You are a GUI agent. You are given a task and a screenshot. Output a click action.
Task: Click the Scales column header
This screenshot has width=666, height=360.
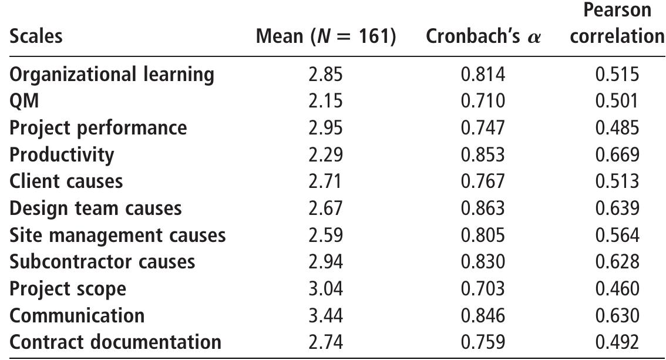(36, 36)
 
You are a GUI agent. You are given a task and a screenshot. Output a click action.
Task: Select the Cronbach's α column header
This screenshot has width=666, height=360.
(483, 36)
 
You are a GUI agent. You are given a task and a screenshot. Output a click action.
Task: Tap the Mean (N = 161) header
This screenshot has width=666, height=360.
(326, 36)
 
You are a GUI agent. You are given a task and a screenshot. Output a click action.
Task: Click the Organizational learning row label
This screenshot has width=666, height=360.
(112, 75)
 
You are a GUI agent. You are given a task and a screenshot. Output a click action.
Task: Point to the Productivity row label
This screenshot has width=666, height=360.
(62, 154)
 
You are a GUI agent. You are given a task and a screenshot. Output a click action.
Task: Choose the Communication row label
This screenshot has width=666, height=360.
(77, 315)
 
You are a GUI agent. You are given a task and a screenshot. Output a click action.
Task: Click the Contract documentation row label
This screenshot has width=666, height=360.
(116, 342)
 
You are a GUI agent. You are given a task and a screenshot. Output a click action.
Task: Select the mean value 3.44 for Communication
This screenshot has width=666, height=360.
(325, 315)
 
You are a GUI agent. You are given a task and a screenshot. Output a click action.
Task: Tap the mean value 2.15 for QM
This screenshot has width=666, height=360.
(325, 101)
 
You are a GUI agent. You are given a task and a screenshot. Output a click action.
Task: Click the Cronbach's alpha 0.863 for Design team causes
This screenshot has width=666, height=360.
(483, 208)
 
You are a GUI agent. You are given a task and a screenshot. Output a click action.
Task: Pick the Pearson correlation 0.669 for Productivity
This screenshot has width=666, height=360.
(617, 154)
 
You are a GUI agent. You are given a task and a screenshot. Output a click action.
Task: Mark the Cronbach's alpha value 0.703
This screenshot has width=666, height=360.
(483, 289)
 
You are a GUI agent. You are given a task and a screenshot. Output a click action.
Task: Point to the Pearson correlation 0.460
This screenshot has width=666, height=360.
(617, 289)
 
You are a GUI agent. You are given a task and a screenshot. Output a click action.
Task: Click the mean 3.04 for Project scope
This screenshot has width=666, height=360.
(325, 289)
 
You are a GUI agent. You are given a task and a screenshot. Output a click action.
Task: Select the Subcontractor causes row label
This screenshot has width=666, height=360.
(102, 261)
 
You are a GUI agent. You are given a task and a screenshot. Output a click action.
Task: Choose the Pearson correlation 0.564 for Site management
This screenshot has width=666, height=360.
(617, 235)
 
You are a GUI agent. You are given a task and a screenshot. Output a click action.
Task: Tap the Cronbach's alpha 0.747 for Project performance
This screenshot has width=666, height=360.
(483, 128)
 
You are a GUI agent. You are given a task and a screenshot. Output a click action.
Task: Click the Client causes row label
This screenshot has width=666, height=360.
(66, 181)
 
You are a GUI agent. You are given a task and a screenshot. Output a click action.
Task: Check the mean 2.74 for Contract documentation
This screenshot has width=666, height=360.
(325, 342)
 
